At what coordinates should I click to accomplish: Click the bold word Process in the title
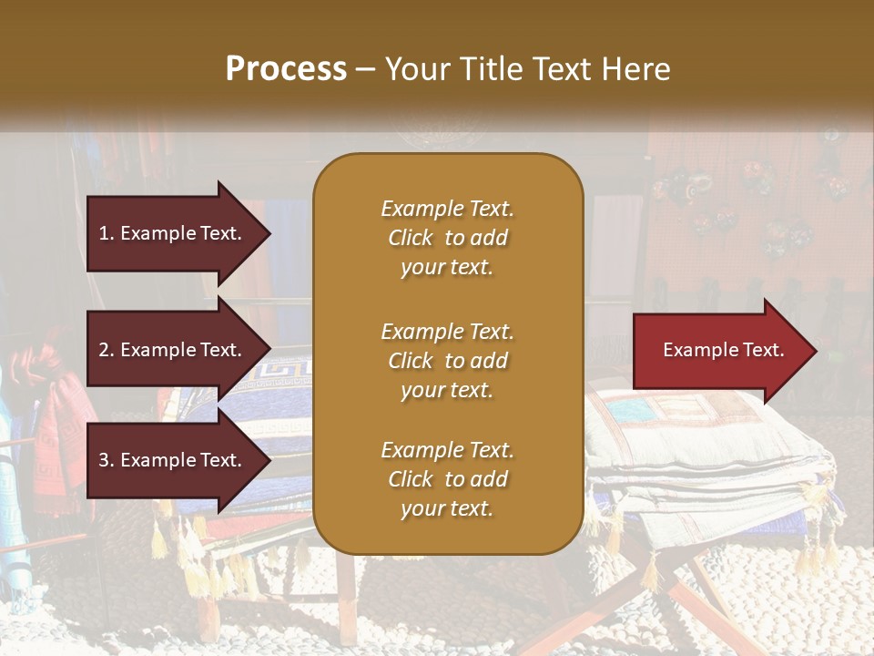click(x=286, y=69)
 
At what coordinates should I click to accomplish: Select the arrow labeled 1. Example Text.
click(x=173, y=233)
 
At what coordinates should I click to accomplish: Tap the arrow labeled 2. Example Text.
click(x=173, y=350)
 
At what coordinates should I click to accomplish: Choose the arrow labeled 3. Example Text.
click(x=173, y=460)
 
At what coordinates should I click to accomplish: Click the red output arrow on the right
click(x=719, y=351)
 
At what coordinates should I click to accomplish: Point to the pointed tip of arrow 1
click(x=269, y=233)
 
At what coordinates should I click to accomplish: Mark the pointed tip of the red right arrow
click(x=815, y=351)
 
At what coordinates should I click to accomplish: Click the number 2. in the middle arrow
click(x=107, y=350)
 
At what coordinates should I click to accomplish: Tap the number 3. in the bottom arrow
click(x=107, y=460)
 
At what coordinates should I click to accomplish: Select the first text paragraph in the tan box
click(x=447, y=238)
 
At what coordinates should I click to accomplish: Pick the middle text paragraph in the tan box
click(x=447, y=361)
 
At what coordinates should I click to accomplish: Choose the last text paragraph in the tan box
click(x=447, y=479)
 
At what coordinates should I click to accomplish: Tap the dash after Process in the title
click(x=365, y=69)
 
